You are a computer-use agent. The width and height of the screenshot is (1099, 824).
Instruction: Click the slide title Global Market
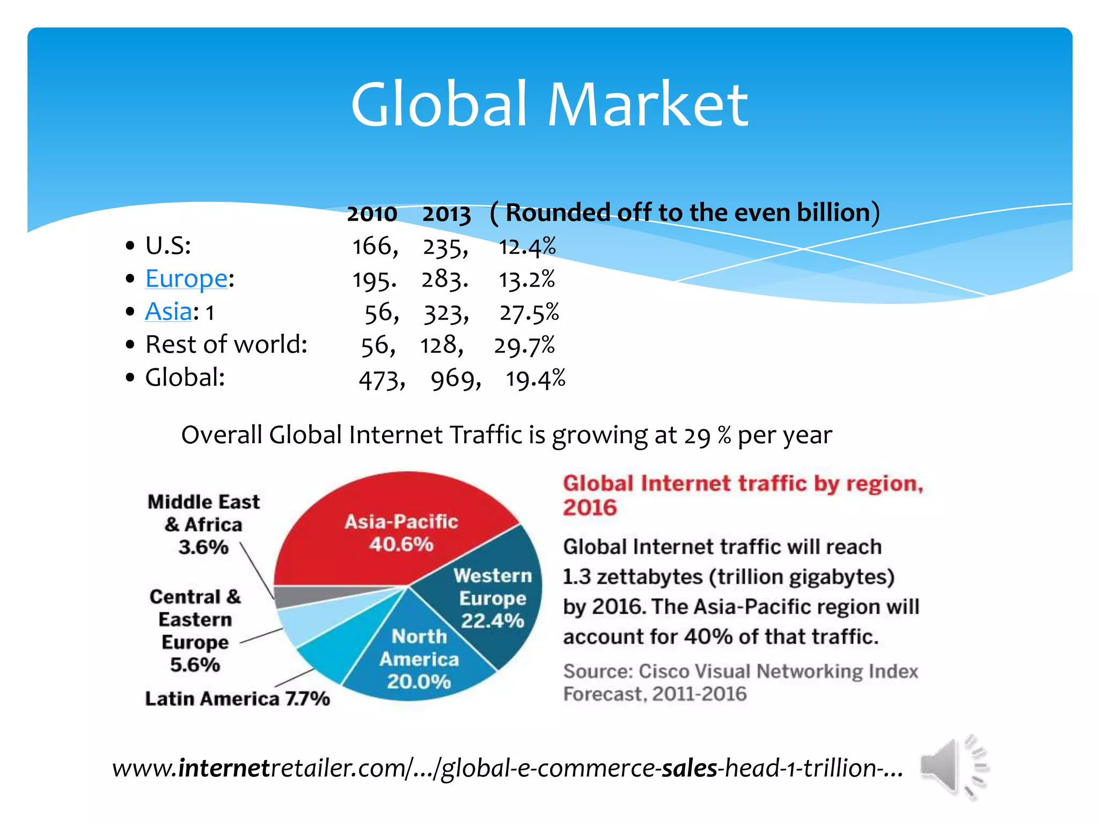549,104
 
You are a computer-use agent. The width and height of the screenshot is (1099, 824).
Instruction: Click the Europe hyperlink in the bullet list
186,278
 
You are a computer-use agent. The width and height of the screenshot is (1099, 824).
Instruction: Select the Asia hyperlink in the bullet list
168,312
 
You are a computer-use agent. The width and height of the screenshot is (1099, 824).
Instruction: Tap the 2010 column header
371,214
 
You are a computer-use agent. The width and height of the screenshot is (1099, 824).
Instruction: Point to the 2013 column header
446,214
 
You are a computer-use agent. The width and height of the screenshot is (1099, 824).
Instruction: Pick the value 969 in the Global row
452,380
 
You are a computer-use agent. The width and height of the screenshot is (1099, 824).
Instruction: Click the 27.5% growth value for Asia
529,313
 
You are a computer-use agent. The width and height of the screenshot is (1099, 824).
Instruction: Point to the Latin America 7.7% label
237,698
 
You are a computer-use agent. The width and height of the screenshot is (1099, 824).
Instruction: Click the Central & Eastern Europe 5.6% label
195,630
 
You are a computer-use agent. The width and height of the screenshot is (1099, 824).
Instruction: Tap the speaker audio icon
953,767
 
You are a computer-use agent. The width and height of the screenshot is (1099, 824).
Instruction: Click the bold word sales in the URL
689,768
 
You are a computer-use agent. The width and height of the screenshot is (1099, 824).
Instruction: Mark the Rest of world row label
226,344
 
